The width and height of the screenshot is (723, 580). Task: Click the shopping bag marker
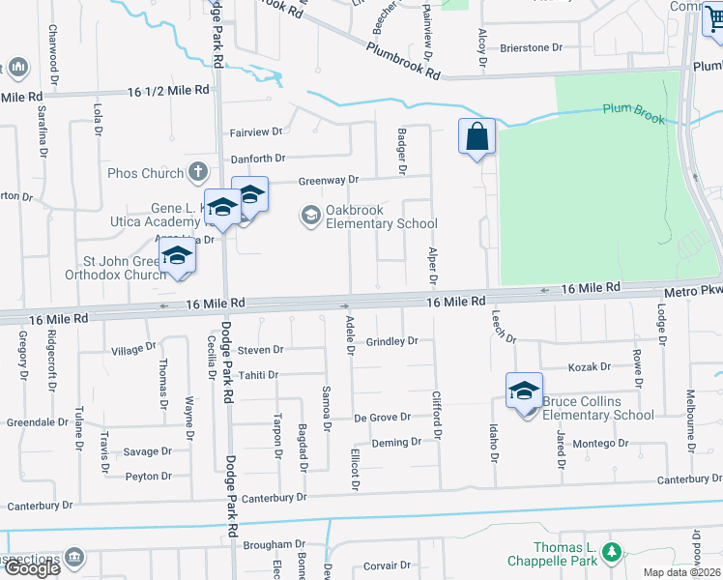click(477, 136)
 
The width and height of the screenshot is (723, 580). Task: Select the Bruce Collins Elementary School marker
click(524, 391)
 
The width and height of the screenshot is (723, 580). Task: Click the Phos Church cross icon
click(198, 173)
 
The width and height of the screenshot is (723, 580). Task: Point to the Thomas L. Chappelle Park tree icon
click(610, 552)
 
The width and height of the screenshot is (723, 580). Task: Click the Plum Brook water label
click(634, 112)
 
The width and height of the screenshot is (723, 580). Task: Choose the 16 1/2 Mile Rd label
click(168, 90)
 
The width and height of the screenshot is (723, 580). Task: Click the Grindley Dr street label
click(391, 341)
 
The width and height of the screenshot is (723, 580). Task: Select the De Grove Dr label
click(383, 418)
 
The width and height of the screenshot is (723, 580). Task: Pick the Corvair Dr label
click(388, 566)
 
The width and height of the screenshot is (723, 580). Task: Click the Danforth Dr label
click(257, 159)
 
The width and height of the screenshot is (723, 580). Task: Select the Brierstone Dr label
click(531, 47)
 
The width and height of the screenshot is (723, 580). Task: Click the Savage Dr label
click(147, 451)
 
